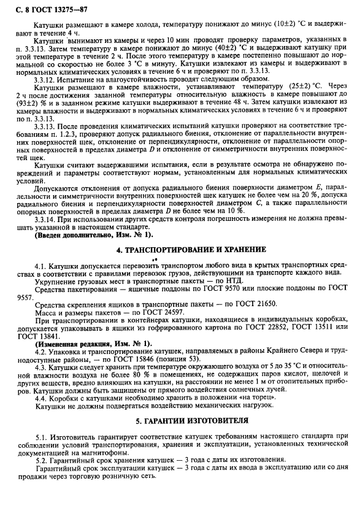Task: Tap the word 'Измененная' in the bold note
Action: tap(60, 343)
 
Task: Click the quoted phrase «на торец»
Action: tap(245, 398)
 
